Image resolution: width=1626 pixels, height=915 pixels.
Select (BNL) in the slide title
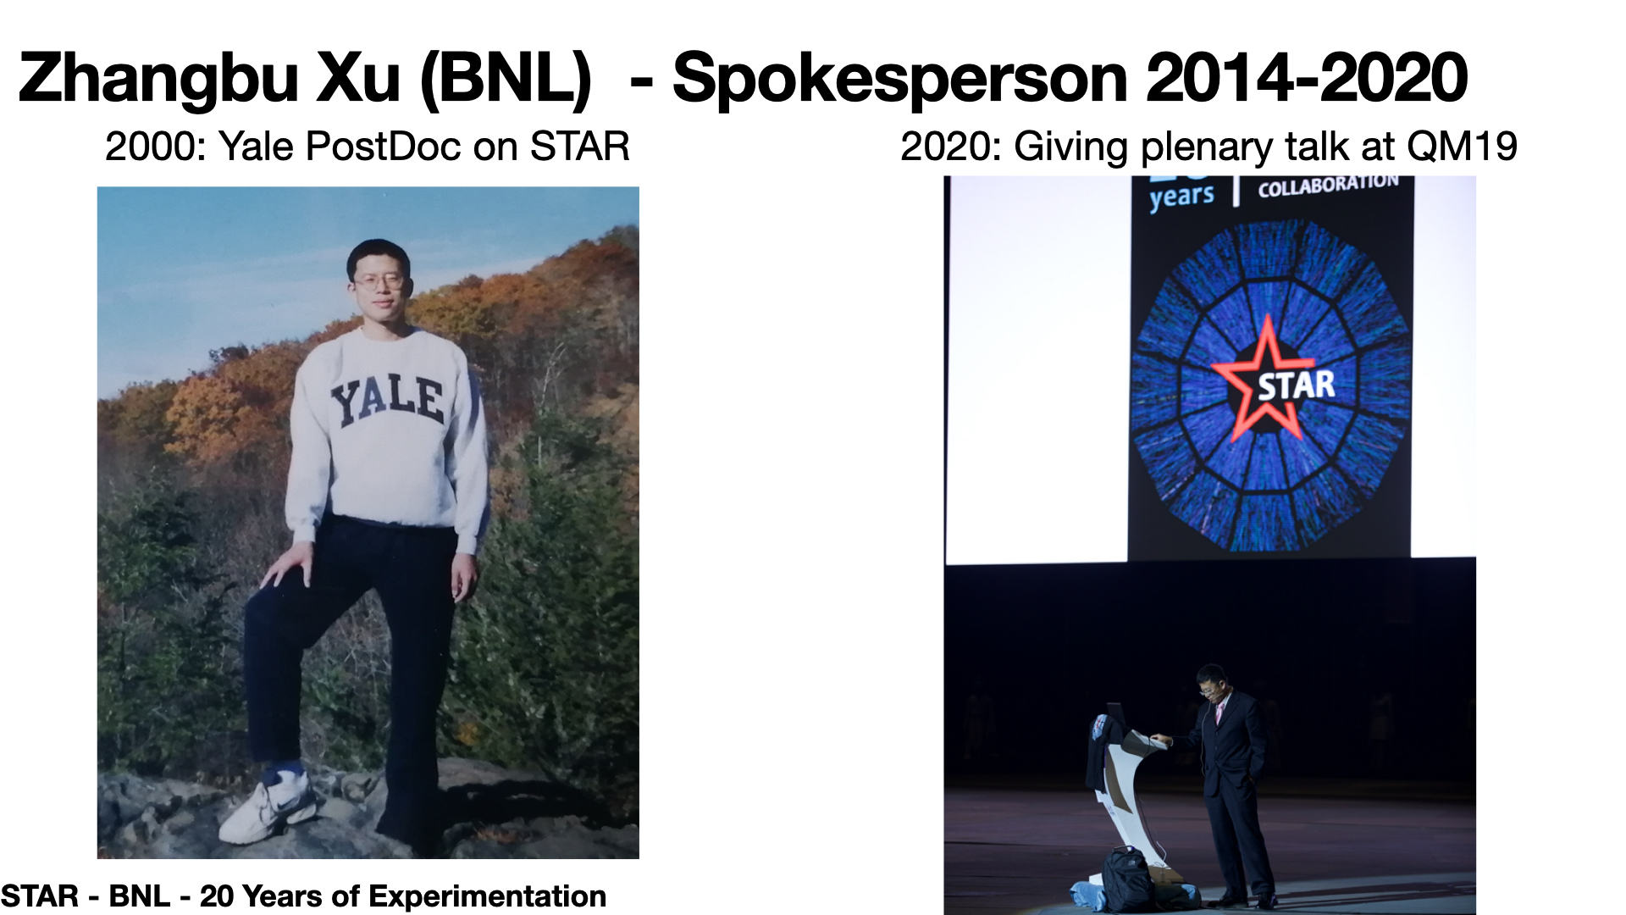[x=506, y=79]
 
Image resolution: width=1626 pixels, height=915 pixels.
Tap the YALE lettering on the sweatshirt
[x=388, y=400]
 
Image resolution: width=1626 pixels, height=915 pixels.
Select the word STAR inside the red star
[x=1296, y=385]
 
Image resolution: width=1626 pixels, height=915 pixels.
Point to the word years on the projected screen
[x=1181, y=197]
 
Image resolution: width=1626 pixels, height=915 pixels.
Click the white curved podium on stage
[x=1126, y=788]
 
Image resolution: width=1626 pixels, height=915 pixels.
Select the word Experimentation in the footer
[x=487, y=896]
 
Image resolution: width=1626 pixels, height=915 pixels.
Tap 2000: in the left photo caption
[x=157, y=147]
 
